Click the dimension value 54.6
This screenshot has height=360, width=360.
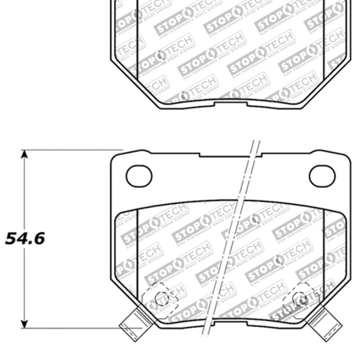point(25,238)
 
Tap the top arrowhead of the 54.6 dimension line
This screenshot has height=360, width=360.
point(24,154)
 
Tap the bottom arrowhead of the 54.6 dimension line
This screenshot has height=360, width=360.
point(24,324)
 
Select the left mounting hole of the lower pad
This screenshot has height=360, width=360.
point(139,176)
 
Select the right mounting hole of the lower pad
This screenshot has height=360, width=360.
point(322,176)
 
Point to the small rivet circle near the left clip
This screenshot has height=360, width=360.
point(162,298)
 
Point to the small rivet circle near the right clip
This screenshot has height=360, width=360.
point(300,298)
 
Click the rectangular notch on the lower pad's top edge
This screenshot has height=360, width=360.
point(230,155)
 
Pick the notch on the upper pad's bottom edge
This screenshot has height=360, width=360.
point(230,104)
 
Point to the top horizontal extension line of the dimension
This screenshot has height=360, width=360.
point(72,150)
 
